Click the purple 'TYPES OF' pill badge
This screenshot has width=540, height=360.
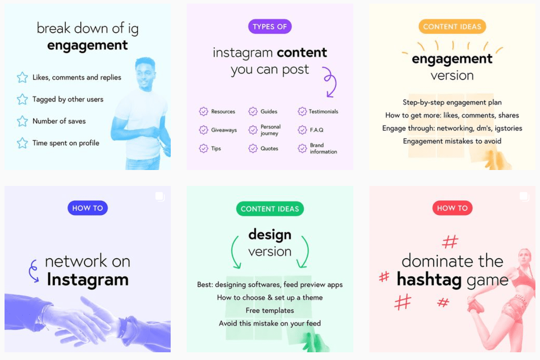point(270,26)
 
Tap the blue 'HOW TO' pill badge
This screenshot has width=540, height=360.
point(88,208)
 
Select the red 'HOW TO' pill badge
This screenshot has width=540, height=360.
point(452,208)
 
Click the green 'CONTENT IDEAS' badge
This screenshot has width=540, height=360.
point(270,209)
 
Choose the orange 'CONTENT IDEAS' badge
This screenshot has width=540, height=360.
point(452,26)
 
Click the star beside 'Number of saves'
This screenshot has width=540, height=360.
point(22,121)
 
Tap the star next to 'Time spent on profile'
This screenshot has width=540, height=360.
point(22,143)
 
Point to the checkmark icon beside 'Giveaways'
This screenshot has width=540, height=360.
point(203,130)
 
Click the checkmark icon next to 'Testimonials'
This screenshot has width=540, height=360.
point(302,111)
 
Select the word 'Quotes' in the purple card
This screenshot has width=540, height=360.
point(269,149)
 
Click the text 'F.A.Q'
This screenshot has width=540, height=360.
point(317,130)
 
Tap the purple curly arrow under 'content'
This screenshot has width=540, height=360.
point(330,82)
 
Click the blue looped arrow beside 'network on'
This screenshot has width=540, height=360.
point(33,271)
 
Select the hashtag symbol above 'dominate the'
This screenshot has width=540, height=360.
point(450,241)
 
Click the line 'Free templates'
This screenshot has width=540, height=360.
point(270,310)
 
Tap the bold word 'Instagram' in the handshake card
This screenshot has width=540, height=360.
point(88,280)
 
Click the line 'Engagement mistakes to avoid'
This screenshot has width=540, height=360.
point(452,141)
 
